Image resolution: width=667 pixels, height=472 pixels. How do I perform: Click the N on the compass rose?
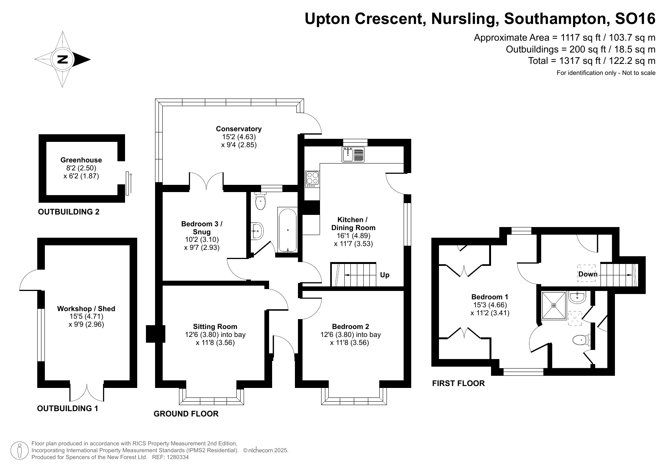pyautogui.click(x=62, y=59)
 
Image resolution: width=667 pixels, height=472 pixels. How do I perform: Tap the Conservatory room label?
pyautogui.click(x=239, y=129)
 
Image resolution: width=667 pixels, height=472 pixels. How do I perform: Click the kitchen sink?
pyautogui.click(x=353, y=154)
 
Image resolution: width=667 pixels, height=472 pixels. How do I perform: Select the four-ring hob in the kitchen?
pyautogui.click(x=312, y=179)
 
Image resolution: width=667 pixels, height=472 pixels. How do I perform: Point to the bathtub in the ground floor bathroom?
pyautogui.click(x=287, y=230)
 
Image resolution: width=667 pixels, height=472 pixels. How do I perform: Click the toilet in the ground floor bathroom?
pyautogui.click(x=260, y=201)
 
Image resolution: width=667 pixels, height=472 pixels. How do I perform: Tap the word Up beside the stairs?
pyautogui.click(x=385, y=275)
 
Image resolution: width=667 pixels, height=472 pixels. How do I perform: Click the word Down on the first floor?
pyautogui.click(x=588, y=274)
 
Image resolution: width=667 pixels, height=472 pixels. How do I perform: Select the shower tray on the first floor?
pyautogui.click(x=554, y=305)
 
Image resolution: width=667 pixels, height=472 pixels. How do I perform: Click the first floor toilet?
pyautogui.click(x=581, y=340)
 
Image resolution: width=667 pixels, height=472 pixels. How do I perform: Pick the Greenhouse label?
pyautogui.click(x=81, y=160)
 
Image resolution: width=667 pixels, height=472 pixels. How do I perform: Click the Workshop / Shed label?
pyautogui.click(x=86, y=308)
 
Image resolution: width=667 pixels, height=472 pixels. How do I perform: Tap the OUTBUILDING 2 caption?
pyautogui.click(x=69, y=212)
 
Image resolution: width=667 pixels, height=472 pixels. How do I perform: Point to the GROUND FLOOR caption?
pyautogui.click(x=186, y=414)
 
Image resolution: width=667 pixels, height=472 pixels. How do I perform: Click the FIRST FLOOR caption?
pyautogui.click(x=458, y=383)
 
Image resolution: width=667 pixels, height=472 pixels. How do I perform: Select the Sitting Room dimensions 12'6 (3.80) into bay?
pyautogui.click(x=215, y=335)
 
